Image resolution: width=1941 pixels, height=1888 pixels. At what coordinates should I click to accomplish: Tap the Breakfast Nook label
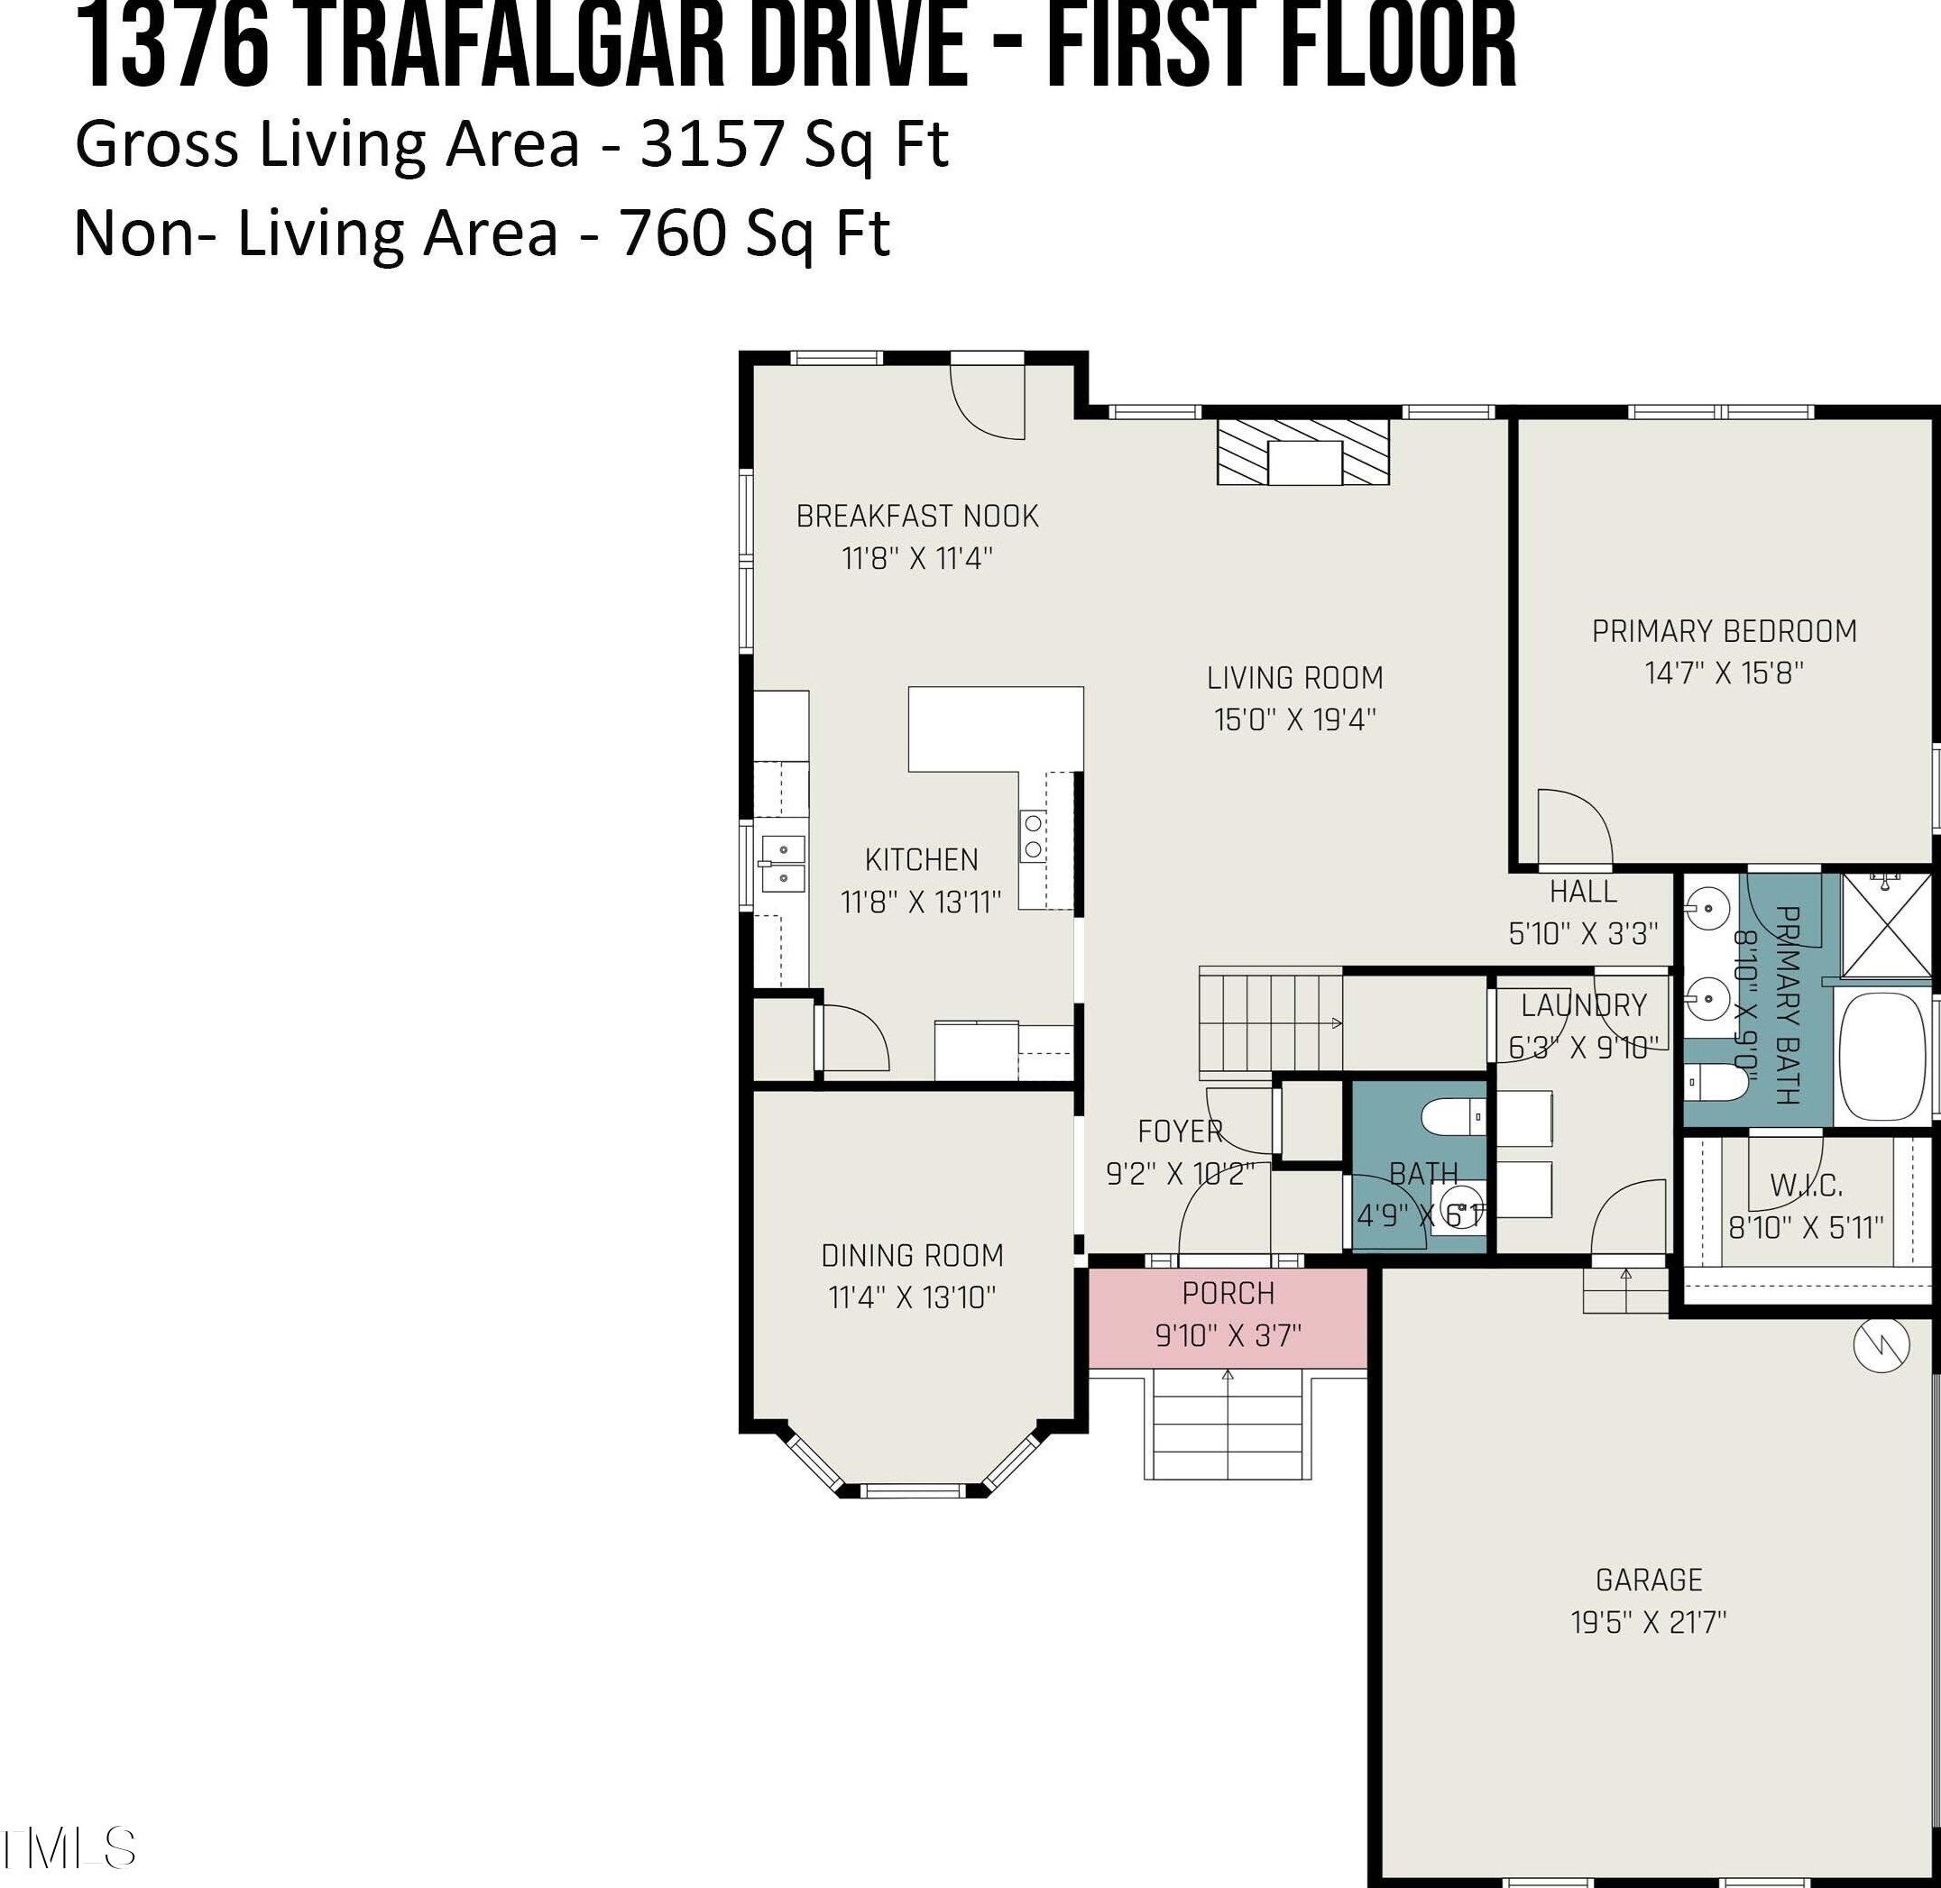pos(917,517)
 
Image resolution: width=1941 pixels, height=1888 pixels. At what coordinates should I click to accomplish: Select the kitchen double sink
pos(783,864)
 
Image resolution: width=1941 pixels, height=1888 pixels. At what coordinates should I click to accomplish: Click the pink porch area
pos(1228,1318)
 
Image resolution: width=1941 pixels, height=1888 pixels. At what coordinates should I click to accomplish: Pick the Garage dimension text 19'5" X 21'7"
pos(1649,1622)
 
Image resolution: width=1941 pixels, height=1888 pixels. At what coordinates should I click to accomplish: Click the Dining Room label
pos(913,1256)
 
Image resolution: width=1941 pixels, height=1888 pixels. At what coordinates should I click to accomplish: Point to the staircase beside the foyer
pos(1271,1022)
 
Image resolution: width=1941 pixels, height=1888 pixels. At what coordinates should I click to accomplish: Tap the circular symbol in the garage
pos(1881,1344)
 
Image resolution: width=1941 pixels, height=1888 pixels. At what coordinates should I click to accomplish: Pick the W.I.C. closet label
pos(1806,1185)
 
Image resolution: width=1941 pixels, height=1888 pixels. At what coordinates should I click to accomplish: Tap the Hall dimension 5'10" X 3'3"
pos(1583,934)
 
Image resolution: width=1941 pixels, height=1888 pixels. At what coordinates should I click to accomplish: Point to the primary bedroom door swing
pos(1575,826)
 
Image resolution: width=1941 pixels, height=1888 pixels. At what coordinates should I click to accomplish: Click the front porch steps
pos(1228,1424)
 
